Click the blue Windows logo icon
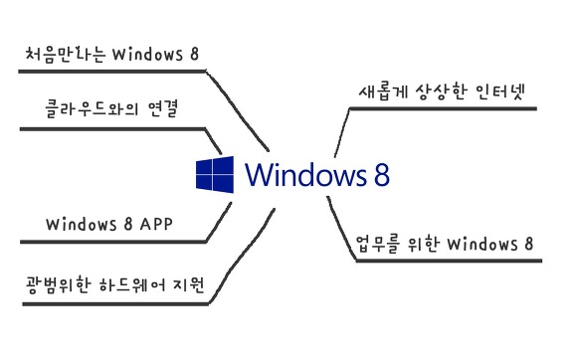(215, 175)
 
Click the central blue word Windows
(305, 174)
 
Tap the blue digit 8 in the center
(382, 175)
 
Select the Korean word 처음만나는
(66, 55)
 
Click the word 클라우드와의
(92, 108)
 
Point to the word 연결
(163, 108)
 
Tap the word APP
(156, 224)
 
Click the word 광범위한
(58, 285)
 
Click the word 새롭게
(384, 91)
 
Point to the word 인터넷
(499, 91)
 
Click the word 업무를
(378, 244)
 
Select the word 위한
(424, 244)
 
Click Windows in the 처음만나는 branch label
(147, 55)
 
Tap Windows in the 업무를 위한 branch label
(482, 244)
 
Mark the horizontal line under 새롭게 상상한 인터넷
(443, 108)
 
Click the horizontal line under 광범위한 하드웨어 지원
(115, 304)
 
